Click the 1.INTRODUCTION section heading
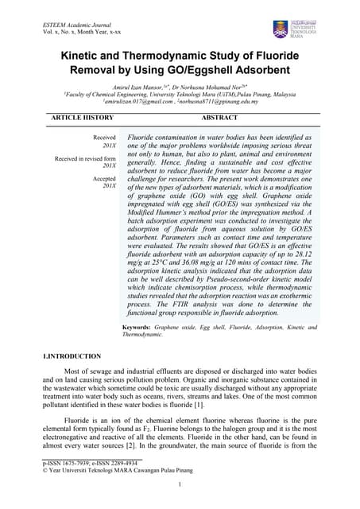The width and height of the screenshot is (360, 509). tap(72, 356)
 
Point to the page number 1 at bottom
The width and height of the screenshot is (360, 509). tap(180, 485)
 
